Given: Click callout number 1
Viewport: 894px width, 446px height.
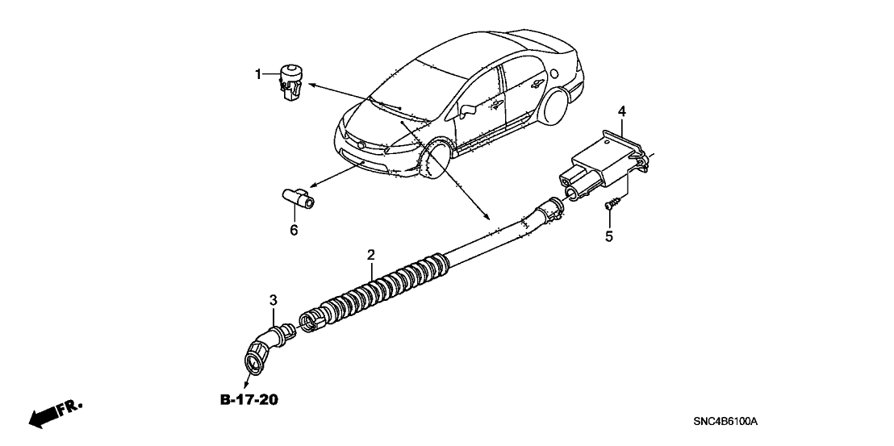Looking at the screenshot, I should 259,75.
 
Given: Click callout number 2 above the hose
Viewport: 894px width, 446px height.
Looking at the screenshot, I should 370,255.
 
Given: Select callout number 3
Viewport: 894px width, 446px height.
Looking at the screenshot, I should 274,301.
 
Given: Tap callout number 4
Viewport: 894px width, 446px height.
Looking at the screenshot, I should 622,110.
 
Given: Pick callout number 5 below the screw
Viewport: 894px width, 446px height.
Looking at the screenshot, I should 609,236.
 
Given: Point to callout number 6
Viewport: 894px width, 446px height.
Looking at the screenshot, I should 294,231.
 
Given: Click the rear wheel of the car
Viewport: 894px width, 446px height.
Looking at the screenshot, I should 556,105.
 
